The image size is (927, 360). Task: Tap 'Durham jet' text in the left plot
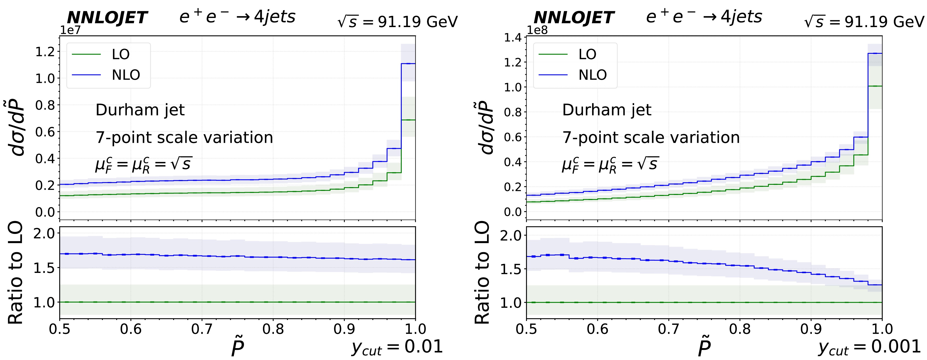(x=140, y=110)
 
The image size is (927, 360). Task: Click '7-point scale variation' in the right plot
(x=651, y=137)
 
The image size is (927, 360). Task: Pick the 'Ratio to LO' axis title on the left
(x=15, y=273)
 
